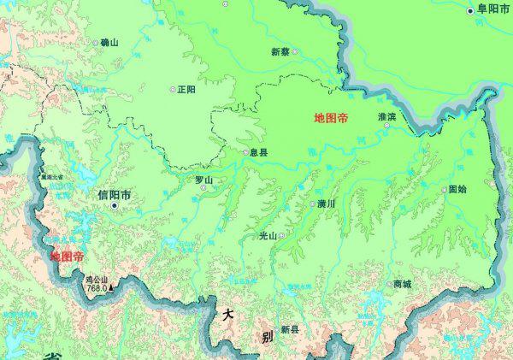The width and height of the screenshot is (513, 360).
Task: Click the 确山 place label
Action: pos(109,42)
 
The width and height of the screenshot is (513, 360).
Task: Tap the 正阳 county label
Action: pos(186,89)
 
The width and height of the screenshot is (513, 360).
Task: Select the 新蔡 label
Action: pos(280,51)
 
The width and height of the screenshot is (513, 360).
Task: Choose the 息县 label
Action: pos(259,152)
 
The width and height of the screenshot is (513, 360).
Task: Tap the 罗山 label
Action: pos(203,180)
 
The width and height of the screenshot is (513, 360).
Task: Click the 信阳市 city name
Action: pos(114,195)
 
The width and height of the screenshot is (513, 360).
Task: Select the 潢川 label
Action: pos(327,204)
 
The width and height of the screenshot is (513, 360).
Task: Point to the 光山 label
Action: pos(268,235)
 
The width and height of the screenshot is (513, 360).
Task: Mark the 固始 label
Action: pos(457,189)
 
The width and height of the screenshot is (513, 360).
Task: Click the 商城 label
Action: pos(402,284)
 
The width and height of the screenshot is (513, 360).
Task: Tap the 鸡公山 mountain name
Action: pos(97,279)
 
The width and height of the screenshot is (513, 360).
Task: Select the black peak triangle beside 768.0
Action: pos(110,287)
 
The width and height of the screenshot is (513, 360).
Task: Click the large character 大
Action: pos(227,315)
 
